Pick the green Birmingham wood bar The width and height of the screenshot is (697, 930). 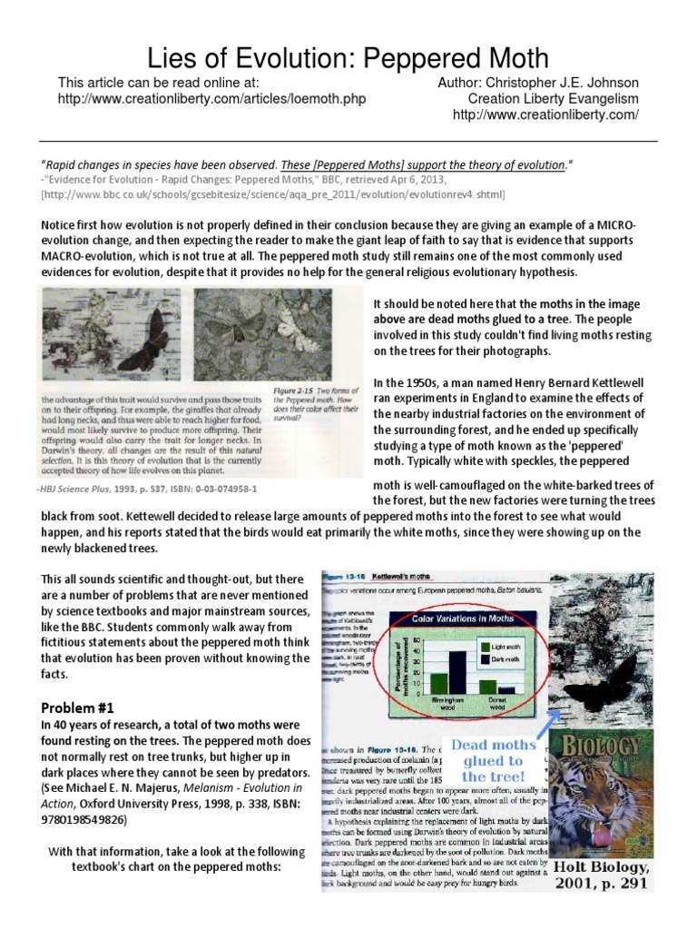tap(440, 683)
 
